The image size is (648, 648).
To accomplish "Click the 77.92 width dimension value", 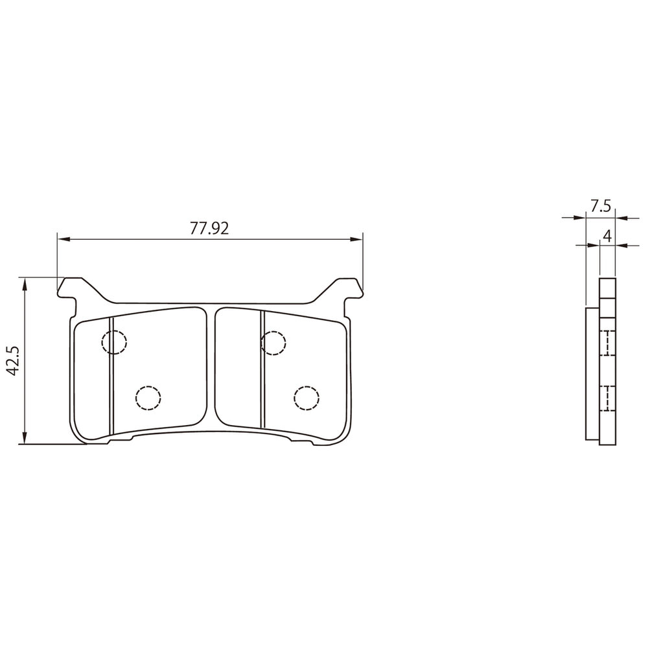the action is pos(209,228).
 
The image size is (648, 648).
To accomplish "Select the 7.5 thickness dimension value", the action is pos(601,206).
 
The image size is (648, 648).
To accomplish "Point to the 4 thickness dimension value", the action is pos(607,236).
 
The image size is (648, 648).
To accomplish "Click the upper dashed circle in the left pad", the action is pos(114,341).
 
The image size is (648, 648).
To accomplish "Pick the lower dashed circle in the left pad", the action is pos(148,398).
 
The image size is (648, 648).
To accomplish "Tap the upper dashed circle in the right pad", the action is pos(273,343).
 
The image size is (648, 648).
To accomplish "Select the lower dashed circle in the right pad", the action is pos(307,398).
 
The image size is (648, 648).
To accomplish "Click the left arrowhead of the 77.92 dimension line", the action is pos(64,239).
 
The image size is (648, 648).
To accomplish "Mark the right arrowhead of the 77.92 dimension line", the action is pos(356,239).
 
